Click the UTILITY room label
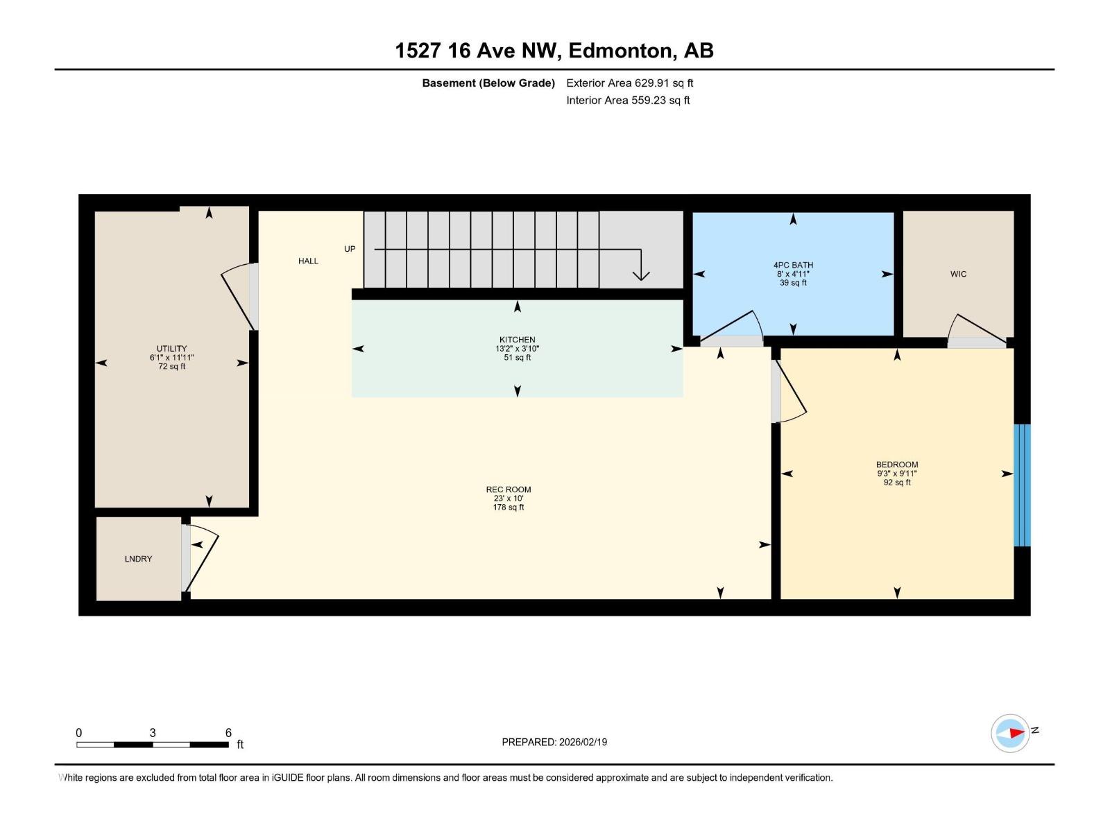171,349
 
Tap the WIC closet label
958,274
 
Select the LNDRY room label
138,559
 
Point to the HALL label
308,261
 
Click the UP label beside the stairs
350,249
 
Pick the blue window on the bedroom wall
1022,485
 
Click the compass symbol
1010,733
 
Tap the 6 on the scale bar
228,732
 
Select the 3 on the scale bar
153,732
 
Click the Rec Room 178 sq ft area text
509,508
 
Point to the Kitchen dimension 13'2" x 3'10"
518,349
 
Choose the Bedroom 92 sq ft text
897,483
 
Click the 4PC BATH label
793,265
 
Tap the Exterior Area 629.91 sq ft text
630,83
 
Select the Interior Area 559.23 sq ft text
628,100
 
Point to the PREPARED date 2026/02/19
583,742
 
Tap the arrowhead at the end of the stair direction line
641,276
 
